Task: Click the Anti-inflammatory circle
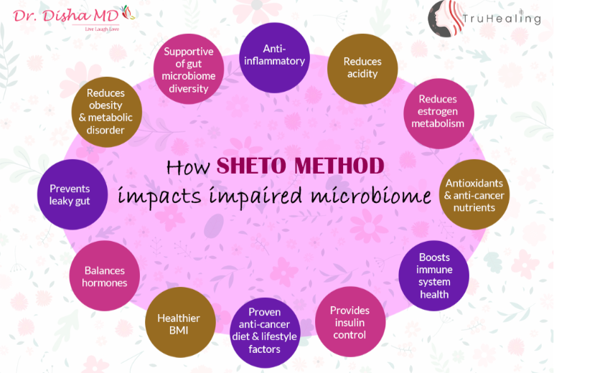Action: tap(274, 57)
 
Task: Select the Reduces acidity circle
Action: tap(362, 69)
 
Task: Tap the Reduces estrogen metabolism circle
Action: tap(438, 113)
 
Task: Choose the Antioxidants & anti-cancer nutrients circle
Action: tap(474, 194)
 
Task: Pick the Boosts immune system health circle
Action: tap(433, 275)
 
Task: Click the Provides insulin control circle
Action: tap(350, 321)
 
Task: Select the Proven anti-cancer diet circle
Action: tap(265, 333)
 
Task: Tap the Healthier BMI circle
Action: tap(180, 323)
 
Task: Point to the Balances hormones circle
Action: tap(104, 275)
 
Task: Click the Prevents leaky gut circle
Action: tap(72, 194)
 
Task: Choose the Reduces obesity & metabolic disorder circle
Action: tap(107, 112)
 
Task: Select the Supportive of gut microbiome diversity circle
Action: tap(189, 69)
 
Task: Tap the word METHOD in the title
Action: tap(339, 166)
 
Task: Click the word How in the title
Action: tap(188, 167)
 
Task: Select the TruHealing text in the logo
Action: tap(502, 19)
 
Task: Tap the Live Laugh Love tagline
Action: tap(102, 29)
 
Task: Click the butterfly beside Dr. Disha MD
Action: tap(128, 12)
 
